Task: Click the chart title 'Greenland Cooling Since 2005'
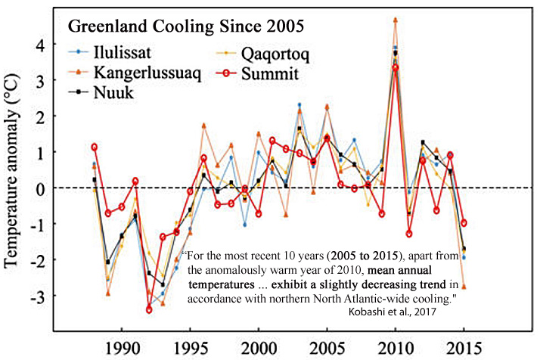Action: tap(187, 26)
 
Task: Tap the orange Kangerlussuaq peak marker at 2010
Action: tap(396, 19)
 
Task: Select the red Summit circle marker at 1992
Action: tap(150, 309)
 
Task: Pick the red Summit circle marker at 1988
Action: tap(95, 147)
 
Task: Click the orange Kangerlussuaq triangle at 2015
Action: tap(464, 287)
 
